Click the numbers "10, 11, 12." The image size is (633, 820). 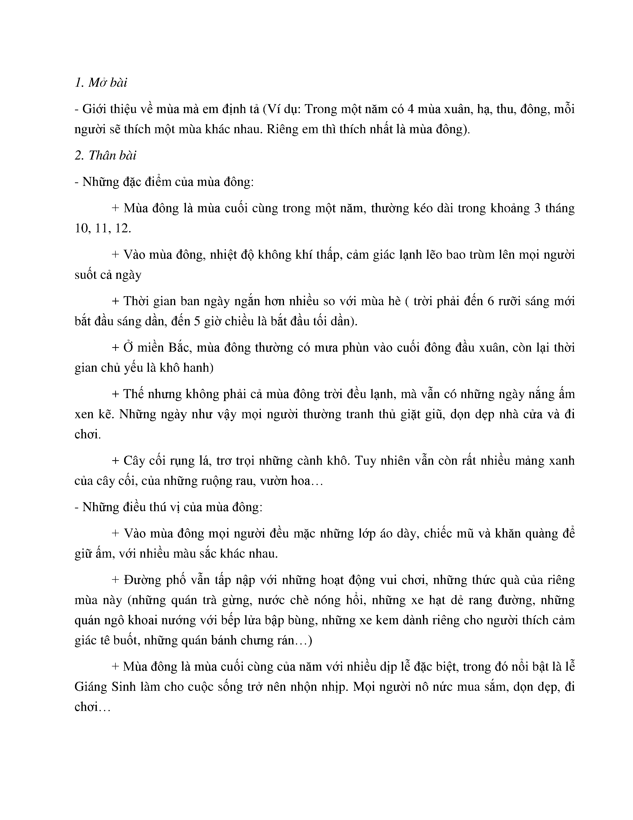click(103, 228)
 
